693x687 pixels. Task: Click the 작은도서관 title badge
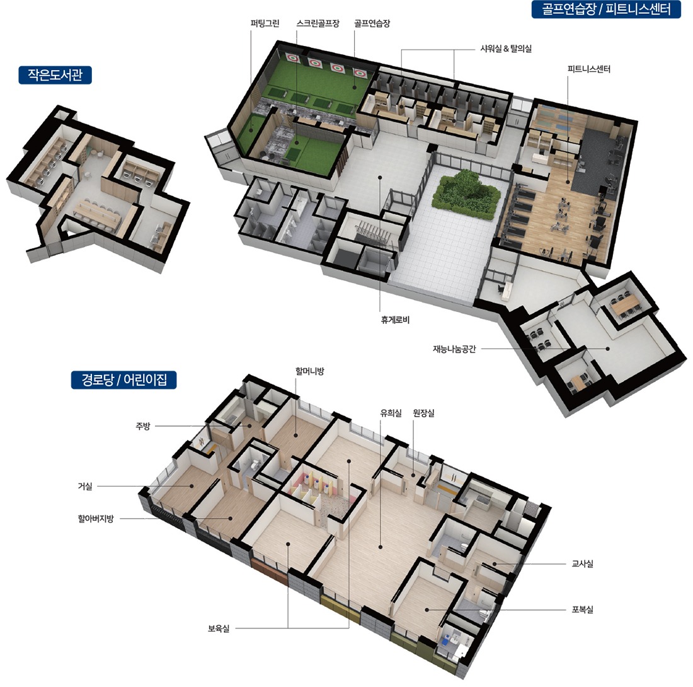pos(55,75)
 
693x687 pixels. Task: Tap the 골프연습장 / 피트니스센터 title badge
pos(606,9)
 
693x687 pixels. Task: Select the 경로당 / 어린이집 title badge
pos(123,380)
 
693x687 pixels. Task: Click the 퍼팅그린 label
pos(265,23)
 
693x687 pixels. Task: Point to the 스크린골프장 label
pos(318,23)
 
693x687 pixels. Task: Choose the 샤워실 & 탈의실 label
pos(506,49)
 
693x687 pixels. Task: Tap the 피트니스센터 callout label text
pos(588,69)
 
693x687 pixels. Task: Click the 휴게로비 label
pos(395,320)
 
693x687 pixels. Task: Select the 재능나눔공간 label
pos(454,349)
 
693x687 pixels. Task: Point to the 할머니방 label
pos(310,371)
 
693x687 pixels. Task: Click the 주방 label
pos(143,426)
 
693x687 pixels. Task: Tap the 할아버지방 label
pos(96,519)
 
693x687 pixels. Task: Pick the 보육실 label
pos(219,628)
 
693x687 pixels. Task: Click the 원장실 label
pos(423,413)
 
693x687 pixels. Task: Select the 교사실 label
pos(583,563)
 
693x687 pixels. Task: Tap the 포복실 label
pos(583,609)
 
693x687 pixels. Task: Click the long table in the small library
pos(97,214)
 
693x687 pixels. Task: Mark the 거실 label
pos(85,487)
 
